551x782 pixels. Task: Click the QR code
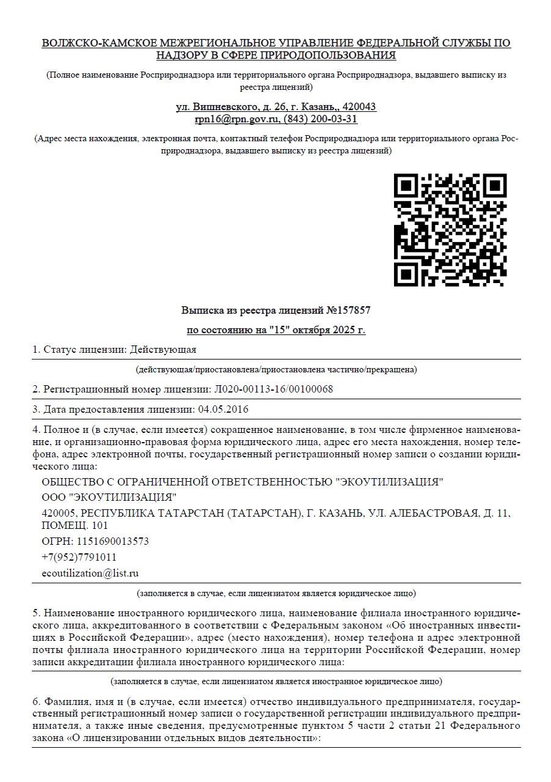coord(450,230)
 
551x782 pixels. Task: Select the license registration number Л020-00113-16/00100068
coord(274,389)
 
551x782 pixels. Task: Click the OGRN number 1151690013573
coord(112,542)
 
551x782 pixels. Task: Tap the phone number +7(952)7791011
coord(79,557)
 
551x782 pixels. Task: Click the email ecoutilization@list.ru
coord(90,574)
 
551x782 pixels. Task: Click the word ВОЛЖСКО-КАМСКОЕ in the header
coord(98,43)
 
